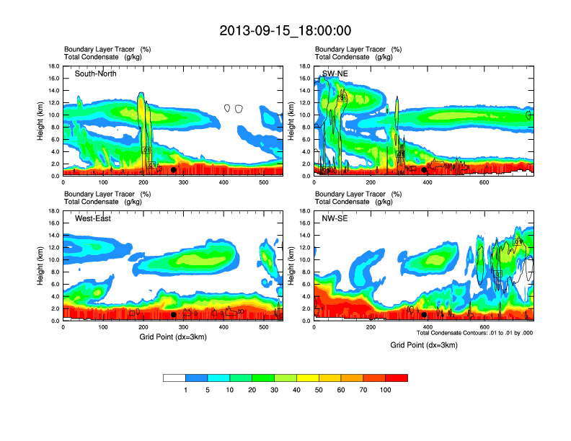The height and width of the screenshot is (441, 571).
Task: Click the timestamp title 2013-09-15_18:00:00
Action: [285, 30]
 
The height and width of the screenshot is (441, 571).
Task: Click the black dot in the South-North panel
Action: [173, 170]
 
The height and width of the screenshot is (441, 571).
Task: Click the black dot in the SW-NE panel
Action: [424, 170]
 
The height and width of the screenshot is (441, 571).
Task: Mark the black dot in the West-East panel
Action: [173, 314]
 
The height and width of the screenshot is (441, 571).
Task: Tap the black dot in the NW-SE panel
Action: [424, 314]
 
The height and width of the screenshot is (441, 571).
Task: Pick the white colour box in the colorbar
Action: [174, 378]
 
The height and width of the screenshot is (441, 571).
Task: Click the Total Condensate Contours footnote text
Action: [474, 333]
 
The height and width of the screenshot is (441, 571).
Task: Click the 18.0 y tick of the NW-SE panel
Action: [305, 211]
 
